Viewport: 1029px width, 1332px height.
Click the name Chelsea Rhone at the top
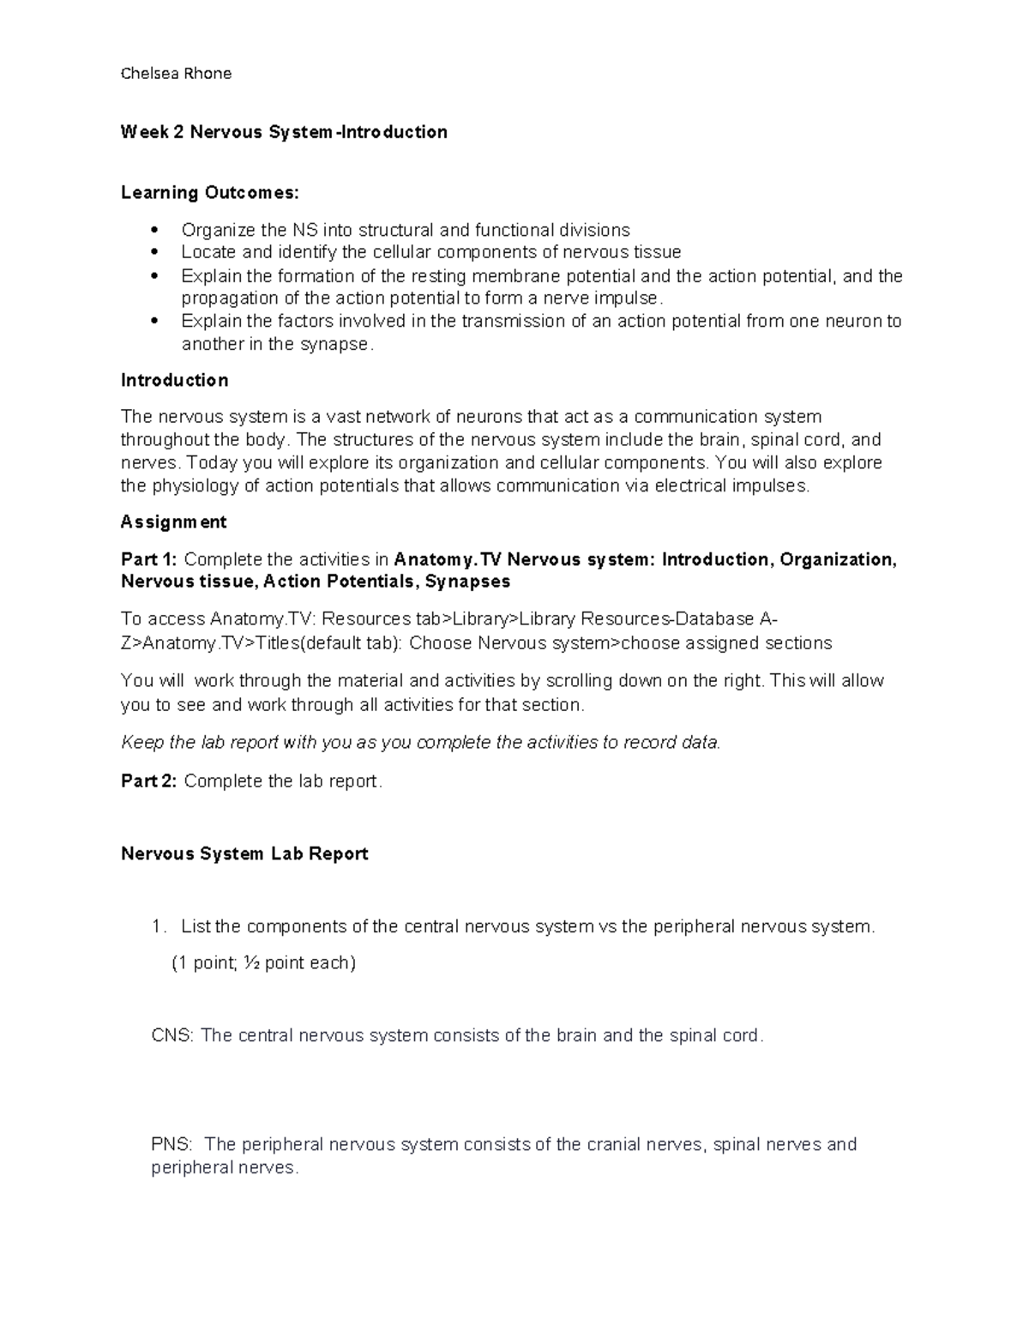(x=176, y=74)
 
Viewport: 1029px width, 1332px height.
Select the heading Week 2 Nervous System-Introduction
(x=284, y=132)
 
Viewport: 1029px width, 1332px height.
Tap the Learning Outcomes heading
(x=210, y=192)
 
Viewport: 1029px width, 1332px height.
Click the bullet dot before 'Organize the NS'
(x=154, y=230)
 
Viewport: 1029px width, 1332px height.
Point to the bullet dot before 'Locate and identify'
(x=154, y=252)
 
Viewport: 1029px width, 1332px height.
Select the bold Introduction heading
(x=174, y=380)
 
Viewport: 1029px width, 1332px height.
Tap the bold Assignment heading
(x=173, y=521)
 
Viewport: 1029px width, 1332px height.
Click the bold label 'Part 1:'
(x=149, y=559)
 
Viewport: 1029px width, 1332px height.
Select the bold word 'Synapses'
(x=467, y=582)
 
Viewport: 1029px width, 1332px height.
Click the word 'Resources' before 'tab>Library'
(x=365, y=619)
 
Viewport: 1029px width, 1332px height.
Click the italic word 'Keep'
(x=142, y=743)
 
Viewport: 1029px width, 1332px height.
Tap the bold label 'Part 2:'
(x=149, y=781)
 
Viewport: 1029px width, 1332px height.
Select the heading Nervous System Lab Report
(x=244, y=853)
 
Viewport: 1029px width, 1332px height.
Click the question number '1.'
(x=158, y=927)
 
